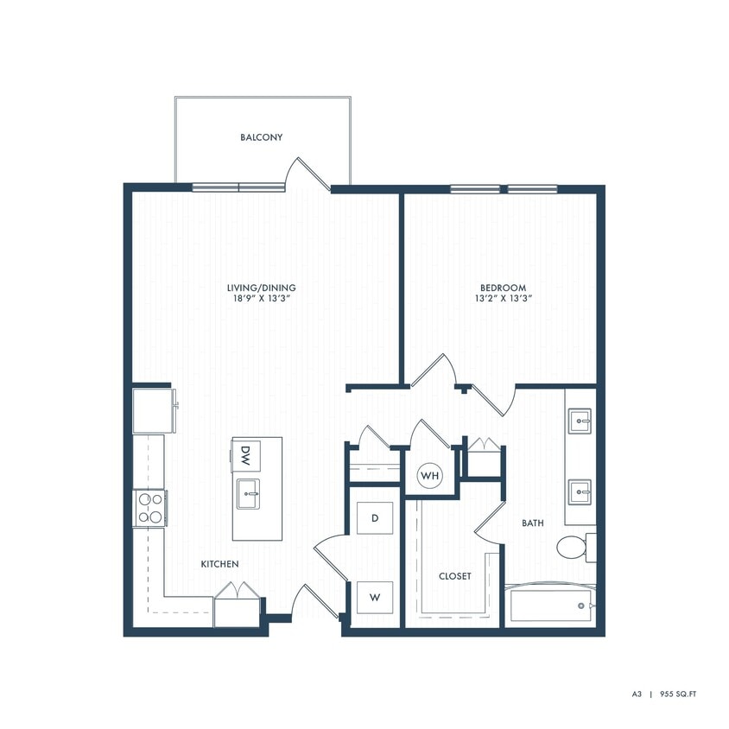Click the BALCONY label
click(x=261, y=137)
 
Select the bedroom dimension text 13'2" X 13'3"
click(x=503, y=299)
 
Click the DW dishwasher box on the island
click(x=245, y=453)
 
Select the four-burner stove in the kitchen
click(x=149, y=508)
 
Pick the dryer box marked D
click(x=375, y=518)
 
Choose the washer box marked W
click(x=375, y=597)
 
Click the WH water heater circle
click(x=430, y=476)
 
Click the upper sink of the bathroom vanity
click(x=580, y=422)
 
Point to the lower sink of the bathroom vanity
click(x=580, y=493)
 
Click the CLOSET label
click(x=454, y=576)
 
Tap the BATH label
click(x=532, y=523)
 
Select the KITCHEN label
click(x=219, y=564)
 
